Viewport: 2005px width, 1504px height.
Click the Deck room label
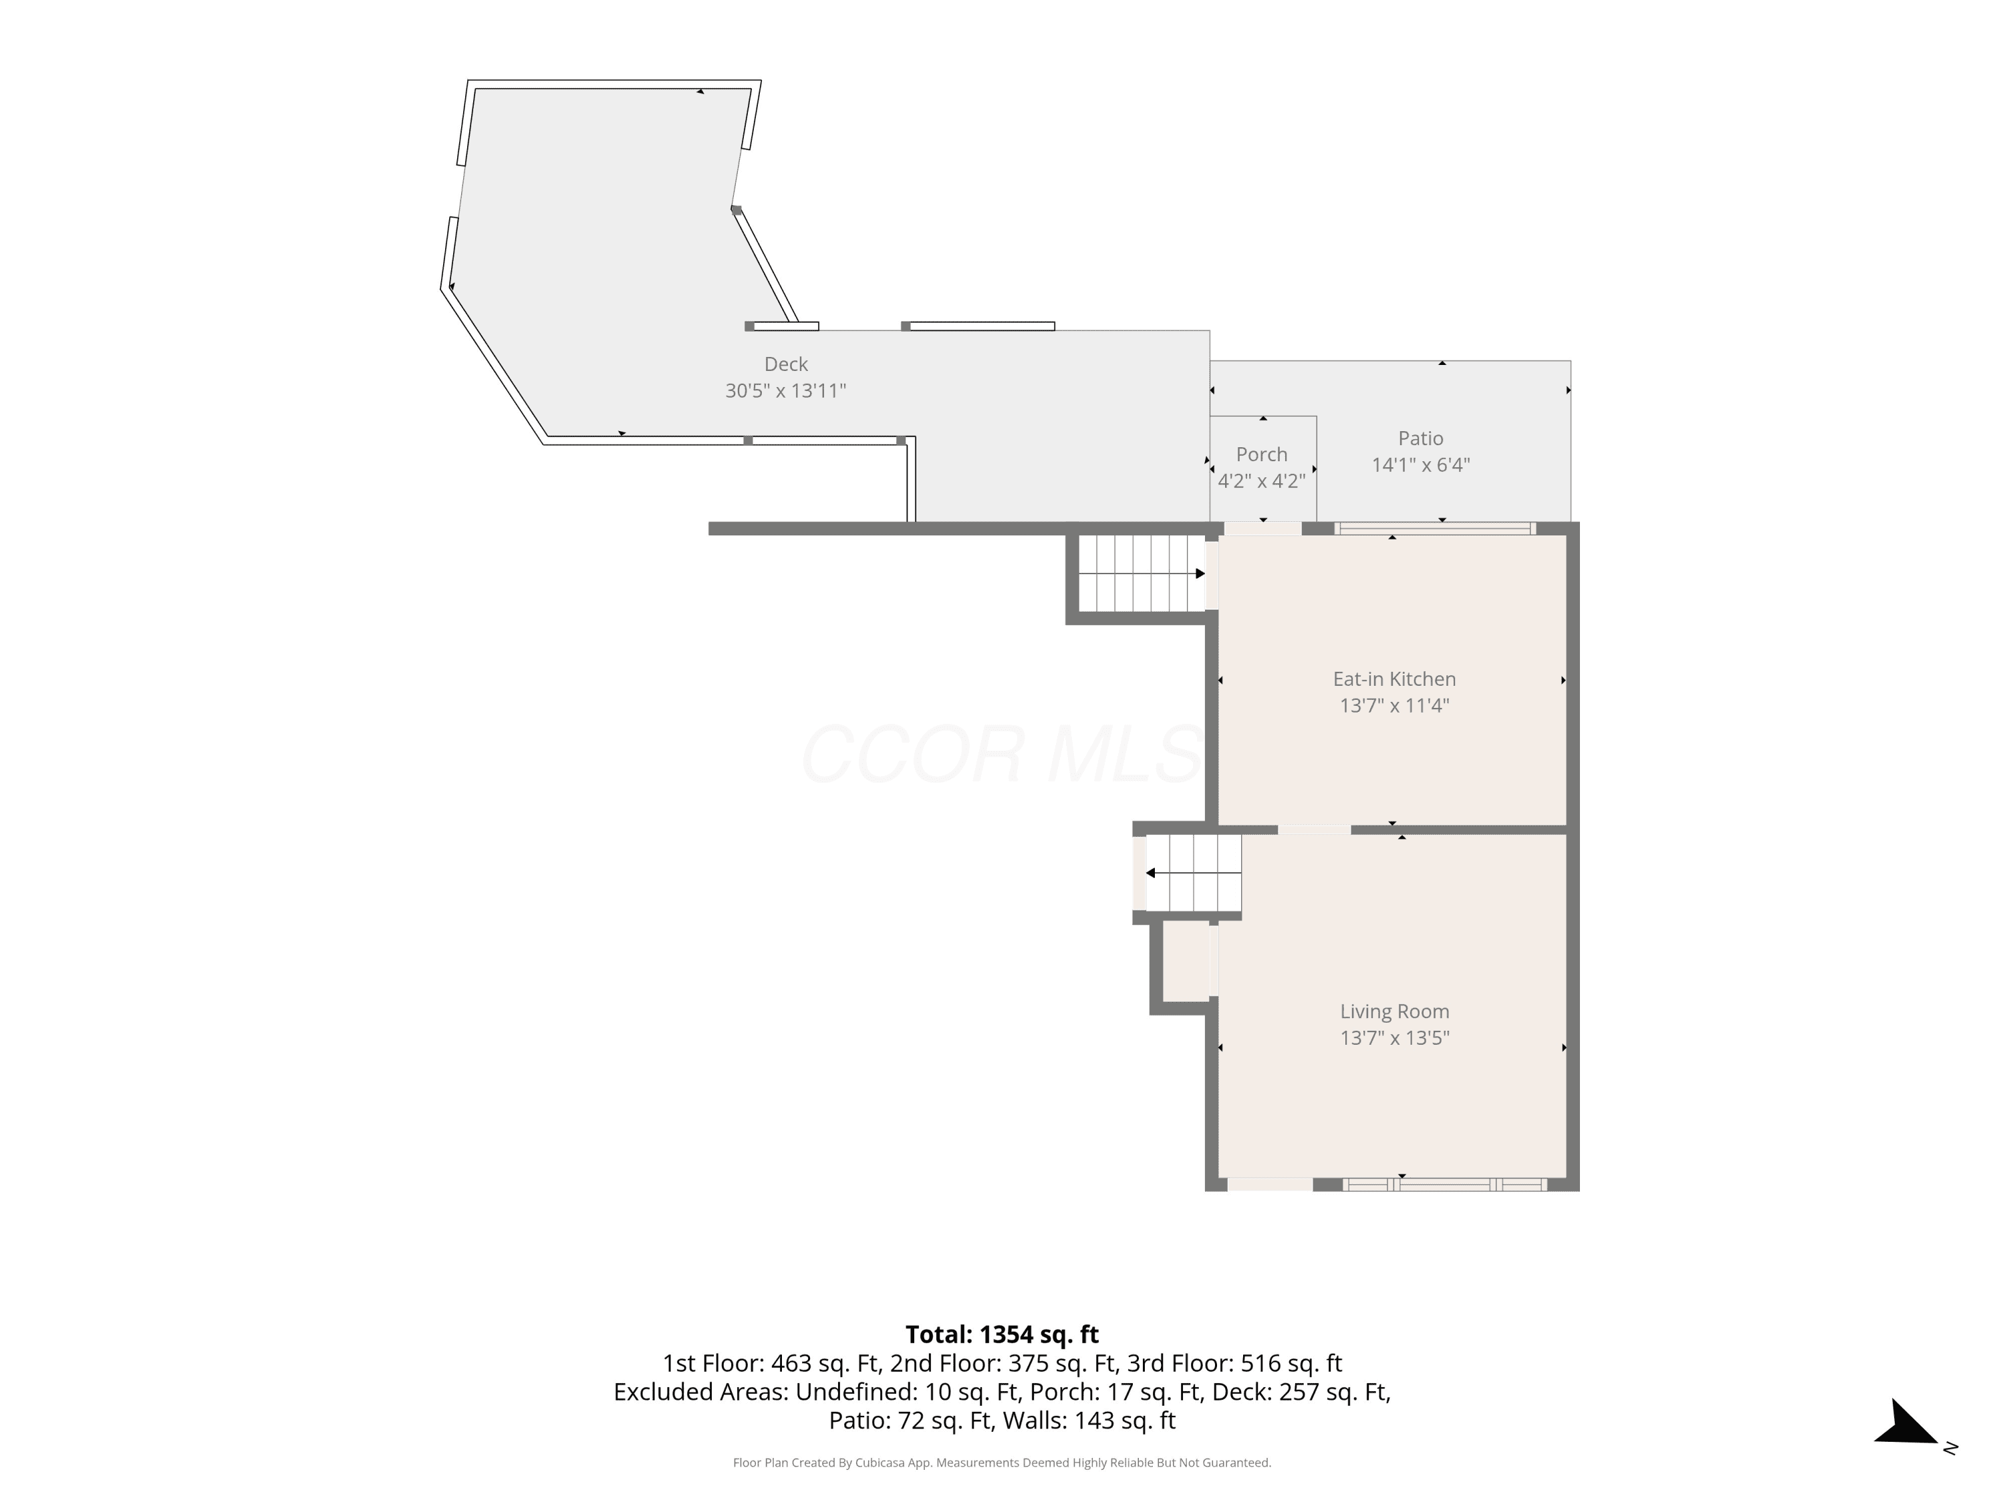[786, 364]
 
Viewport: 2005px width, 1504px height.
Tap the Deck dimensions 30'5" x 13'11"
[786, 391]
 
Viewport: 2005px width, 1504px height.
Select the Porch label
[1262, 454]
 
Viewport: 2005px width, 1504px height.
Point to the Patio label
[1420, 438]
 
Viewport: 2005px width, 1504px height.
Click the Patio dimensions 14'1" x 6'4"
[1420, 465]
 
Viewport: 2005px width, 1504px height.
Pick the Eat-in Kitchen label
[1394, 679]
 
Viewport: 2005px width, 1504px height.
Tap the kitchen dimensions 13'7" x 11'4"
[1394, 705]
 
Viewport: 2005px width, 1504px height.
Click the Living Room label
[1394, 1012]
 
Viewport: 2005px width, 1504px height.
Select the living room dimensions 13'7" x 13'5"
[1394, 1038]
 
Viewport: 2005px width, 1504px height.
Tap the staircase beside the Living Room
[1194, 873]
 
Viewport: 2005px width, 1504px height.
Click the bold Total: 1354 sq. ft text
[1002, 1334]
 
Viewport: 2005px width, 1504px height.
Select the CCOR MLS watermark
[1002, 754]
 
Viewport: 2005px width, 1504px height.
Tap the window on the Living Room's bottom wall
[1445, 1184]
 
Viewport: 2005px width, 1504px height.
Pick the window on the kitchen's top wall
[1435, 529]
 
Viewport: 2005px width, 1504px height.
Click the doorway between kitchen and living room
[1315, 830]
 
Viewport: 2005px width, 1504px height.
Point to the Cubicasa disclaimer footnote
[1002, 1463]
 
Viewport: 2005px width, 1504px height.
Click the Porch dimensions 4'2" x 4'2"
[1262, 481]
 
